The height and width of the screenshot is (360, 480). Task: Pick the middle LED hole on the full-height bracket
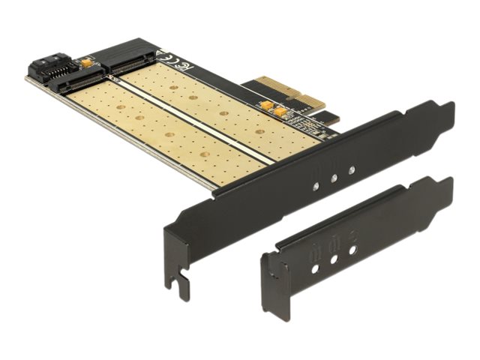pyautogui.click(x=334, y=179)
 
